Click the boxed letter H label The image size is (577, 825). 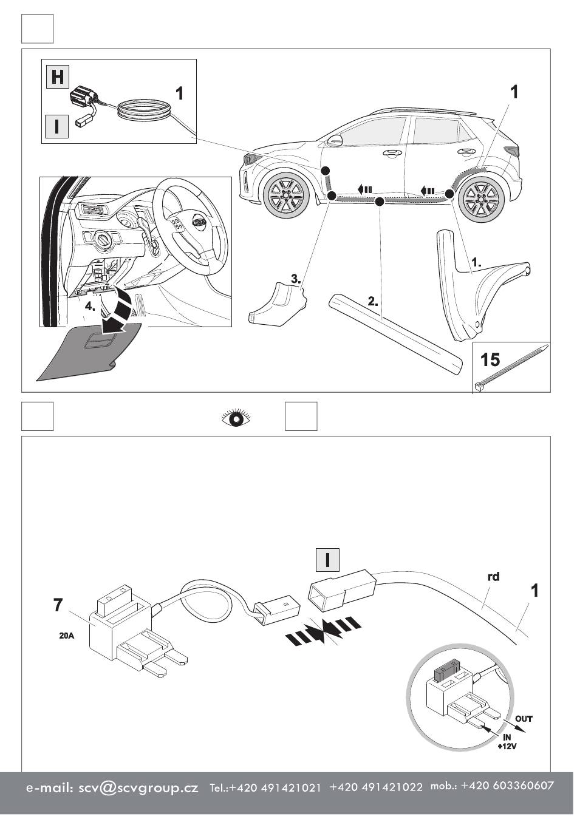click(x=58, y=77)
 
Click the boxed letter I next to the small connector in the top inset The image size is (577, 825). click(x=57, y=126)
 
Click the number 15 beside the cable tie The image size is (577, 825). click(x=490, y=359)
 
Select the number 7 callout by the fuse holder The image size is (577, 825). click(x=58, y=605)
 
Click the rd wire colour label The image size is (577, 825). click(x=494, y=577)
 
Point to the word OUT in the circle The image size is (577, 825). click(x=524, y=719)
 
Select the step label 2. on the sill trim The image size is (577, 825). click(x=373, y=300)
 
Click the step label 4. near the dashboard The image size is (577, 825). click(x=90, y=307)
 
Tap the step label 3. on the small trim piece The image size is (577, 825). click(x=296, y=279)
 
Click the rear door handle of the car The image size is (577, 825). click(x=466, y=152)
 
